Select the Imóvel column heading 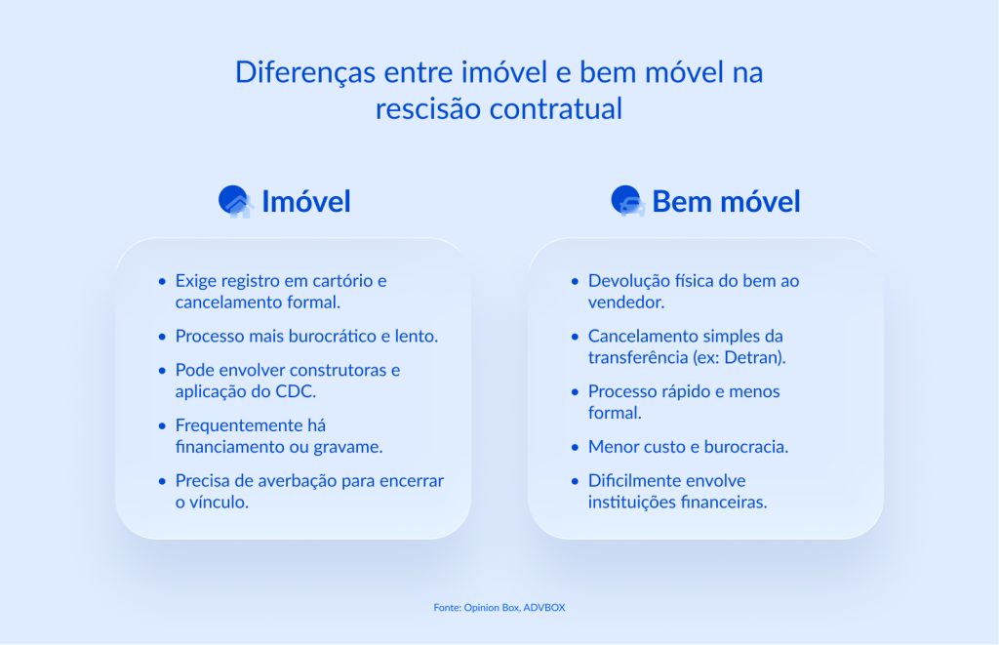[x=305, y=202]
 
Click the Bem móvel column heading [x=726, y=202]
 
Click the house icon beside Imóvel [x=235, y=202]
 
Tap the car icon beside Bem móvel [x=627, y=202]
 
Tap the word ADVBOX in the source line [x=544, y=608]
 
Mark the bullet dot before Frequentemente [x=162, y=426]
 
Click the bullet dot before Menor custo [x=575, y=447]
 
